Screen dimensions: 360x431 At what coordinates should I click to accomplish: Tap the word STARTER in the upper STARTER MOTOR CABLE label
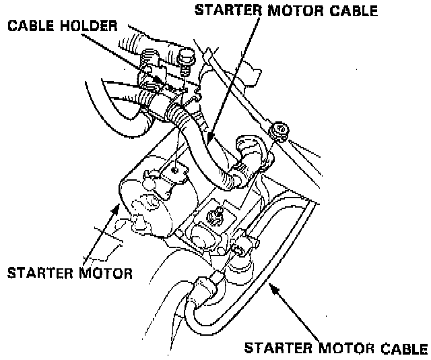[229, 10]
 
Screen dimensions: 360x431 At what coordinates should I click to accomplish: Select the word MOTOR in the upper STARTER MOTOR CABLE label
[296, 10]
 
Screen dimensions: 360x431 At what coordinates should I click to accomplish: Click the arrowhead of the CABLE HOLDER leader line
[161, 82]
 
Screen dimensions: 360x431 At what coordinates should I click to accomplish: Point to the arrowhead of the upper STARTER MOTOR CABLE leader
[209, 143]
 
